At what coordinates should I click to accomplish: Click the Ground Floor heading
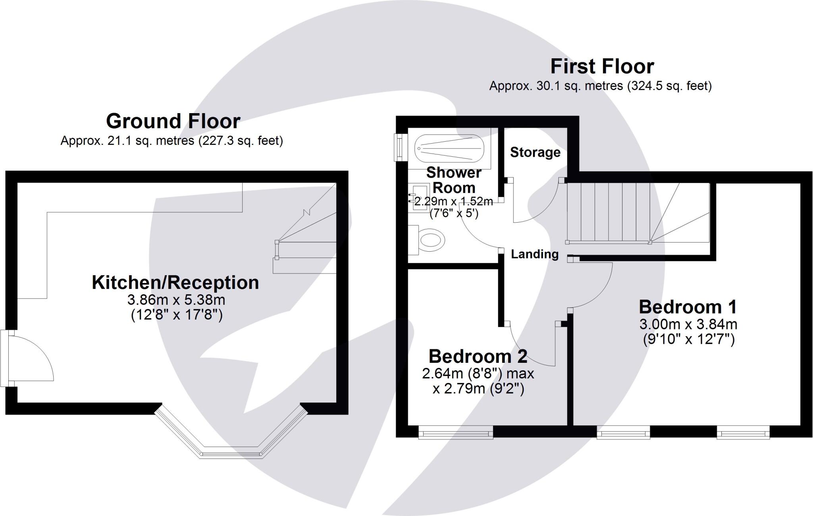173,121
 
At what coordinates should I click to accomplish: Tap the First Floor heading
602,67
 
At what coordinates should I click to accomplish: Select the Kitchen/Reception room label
175,283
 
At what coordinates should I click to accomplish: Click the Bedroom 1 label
688,307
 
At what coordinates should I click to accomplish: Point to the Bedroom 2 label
478,356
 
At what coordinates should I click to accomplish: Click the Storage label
535,152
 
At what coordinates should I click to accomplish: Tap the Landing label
534,254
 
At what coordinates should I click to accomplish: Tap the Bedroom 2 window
456,432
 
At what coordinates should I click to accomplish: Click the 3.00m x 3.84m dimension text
688,324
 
